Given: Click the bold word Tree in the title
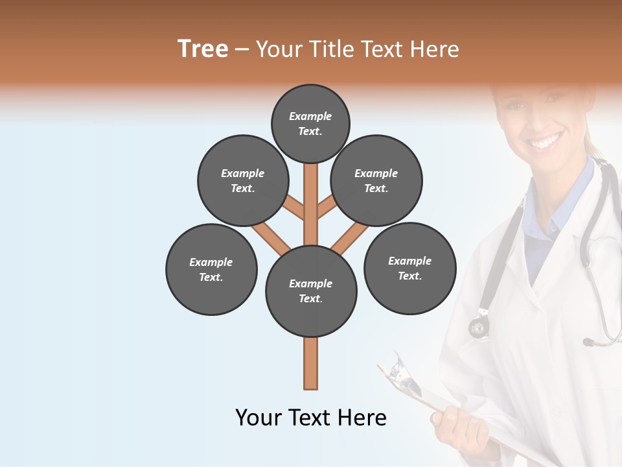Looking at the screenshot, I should tap(203, 49).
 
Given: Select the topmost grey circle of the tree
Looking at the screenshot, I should tap(310, 123).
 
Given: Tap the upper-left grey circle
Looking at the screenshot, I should tap(243, 181).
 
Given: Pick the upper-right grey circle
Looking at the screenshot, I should tap(376, 181).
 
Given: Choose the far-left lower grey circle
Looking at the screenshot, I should tap(211, 269).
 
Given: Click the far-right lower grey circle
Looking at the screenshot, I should tap(409, 268).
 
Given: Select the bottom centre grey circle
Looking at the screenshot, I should tap(311, 291).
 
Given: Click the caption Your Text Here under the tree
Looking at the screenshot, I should tap(311, 418).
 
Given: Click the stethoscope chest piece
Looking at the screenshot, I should tap(479, 326).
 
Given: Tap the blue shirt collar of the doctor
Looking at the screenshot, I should tap(570, 195).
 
